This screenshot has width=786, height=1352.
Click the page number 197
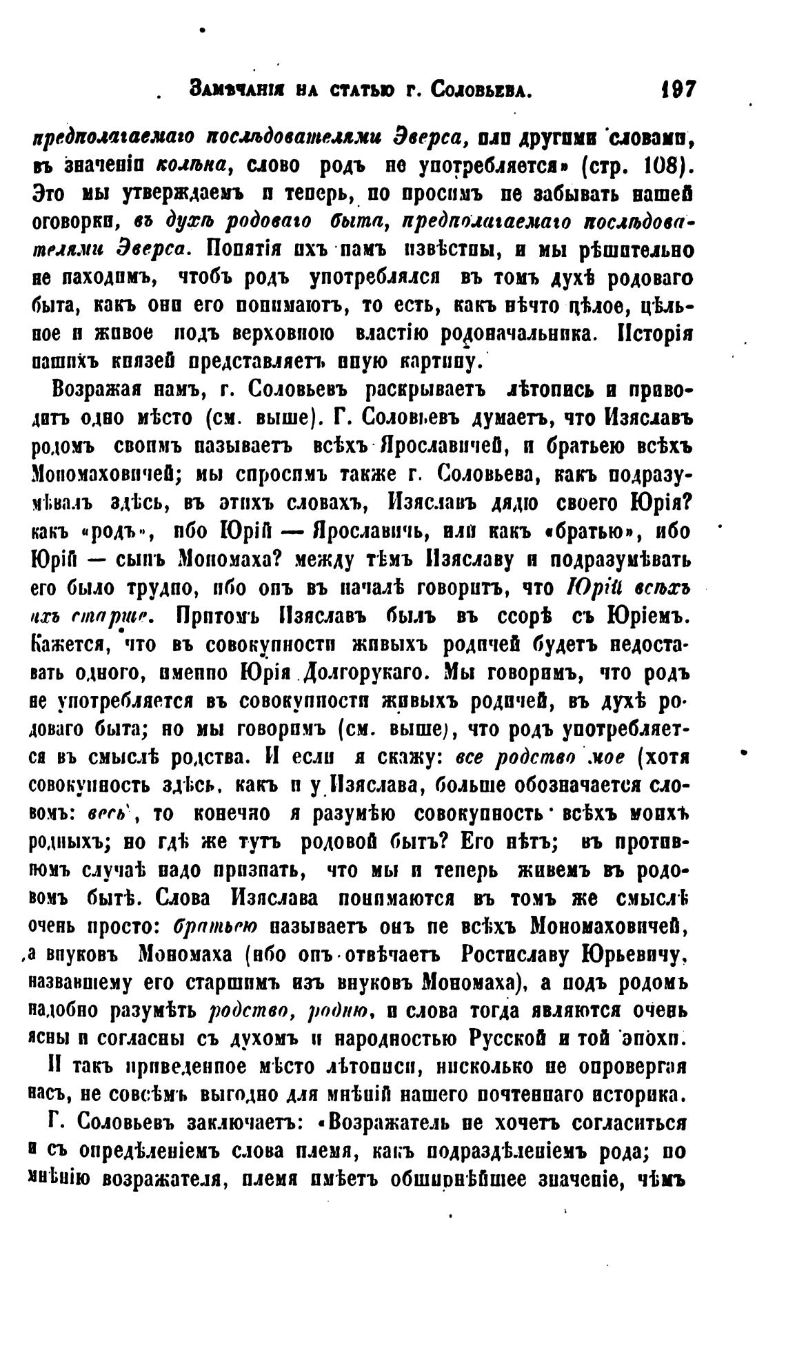pos(678,90)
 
